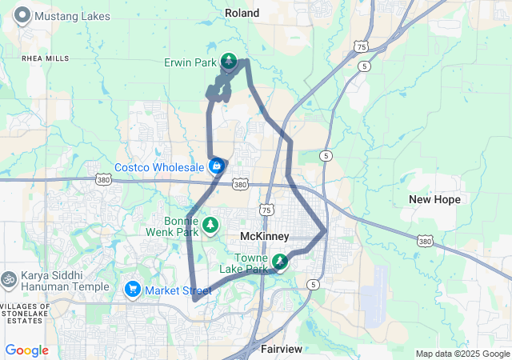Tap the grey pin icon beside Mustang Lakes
pyautogui.click(x=22, y=14)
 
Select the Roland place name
pyautogui.click(x=242, y=14)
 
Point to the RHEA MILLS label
pyautogui.click(x=46, y=58)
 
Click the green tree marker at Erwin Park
pyautogui.click(x=230, y=61)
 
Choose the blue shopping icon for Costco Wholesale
pyautogui.click(x=216, y=166)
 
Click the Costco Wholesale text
pyautogui.click(x=159, y=167)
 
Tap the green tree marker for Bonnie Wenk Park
pyautogui.click(x=210, y=225)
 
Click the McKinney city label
pyautogui.click(x=265, y=236)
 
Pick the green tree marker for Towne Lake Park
pyautogui.click(x=280, y=261)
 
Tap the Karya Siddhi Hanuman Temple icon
pyautogui.click(x=10, y=279)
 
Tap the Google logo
pyautogui.click(x=26, y=350)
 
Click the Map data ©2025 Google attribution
pyautogui.click(x=462, y=354)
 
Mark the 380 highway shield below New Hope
pyautogui.click(x=426, y=240)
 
